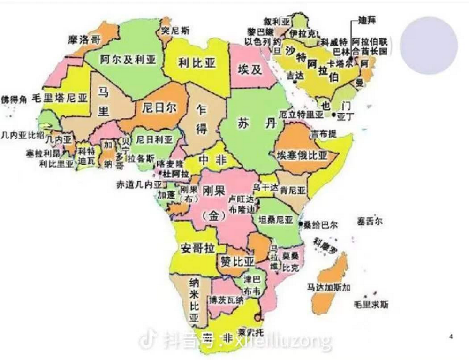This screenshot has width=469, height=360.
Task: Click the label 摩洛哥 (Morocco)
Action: [84, 39]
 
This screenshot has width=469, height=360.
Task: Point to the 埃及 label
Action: [250, 69]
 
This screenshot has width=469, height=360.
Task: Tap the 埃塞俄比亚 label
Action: [302, 155]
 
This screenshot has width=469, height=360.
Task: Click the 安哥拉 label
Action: [197, 248]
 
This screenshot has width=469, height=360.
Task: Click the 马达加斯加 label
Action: [328, 286]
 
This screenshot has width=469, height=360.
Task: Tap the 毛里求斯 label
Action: [371, 304]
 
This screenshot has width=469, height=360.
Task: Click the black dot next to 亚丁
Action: [333, 115]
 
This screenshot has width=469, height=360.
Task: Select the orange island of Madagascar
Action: [333, 286]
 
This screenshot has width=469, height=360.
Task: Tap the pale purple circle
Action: [429, 46]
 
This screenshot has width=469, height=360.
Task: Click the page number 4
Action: [451, 336]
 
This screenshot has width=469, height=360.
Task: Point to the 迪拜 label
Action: [368, 20]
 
